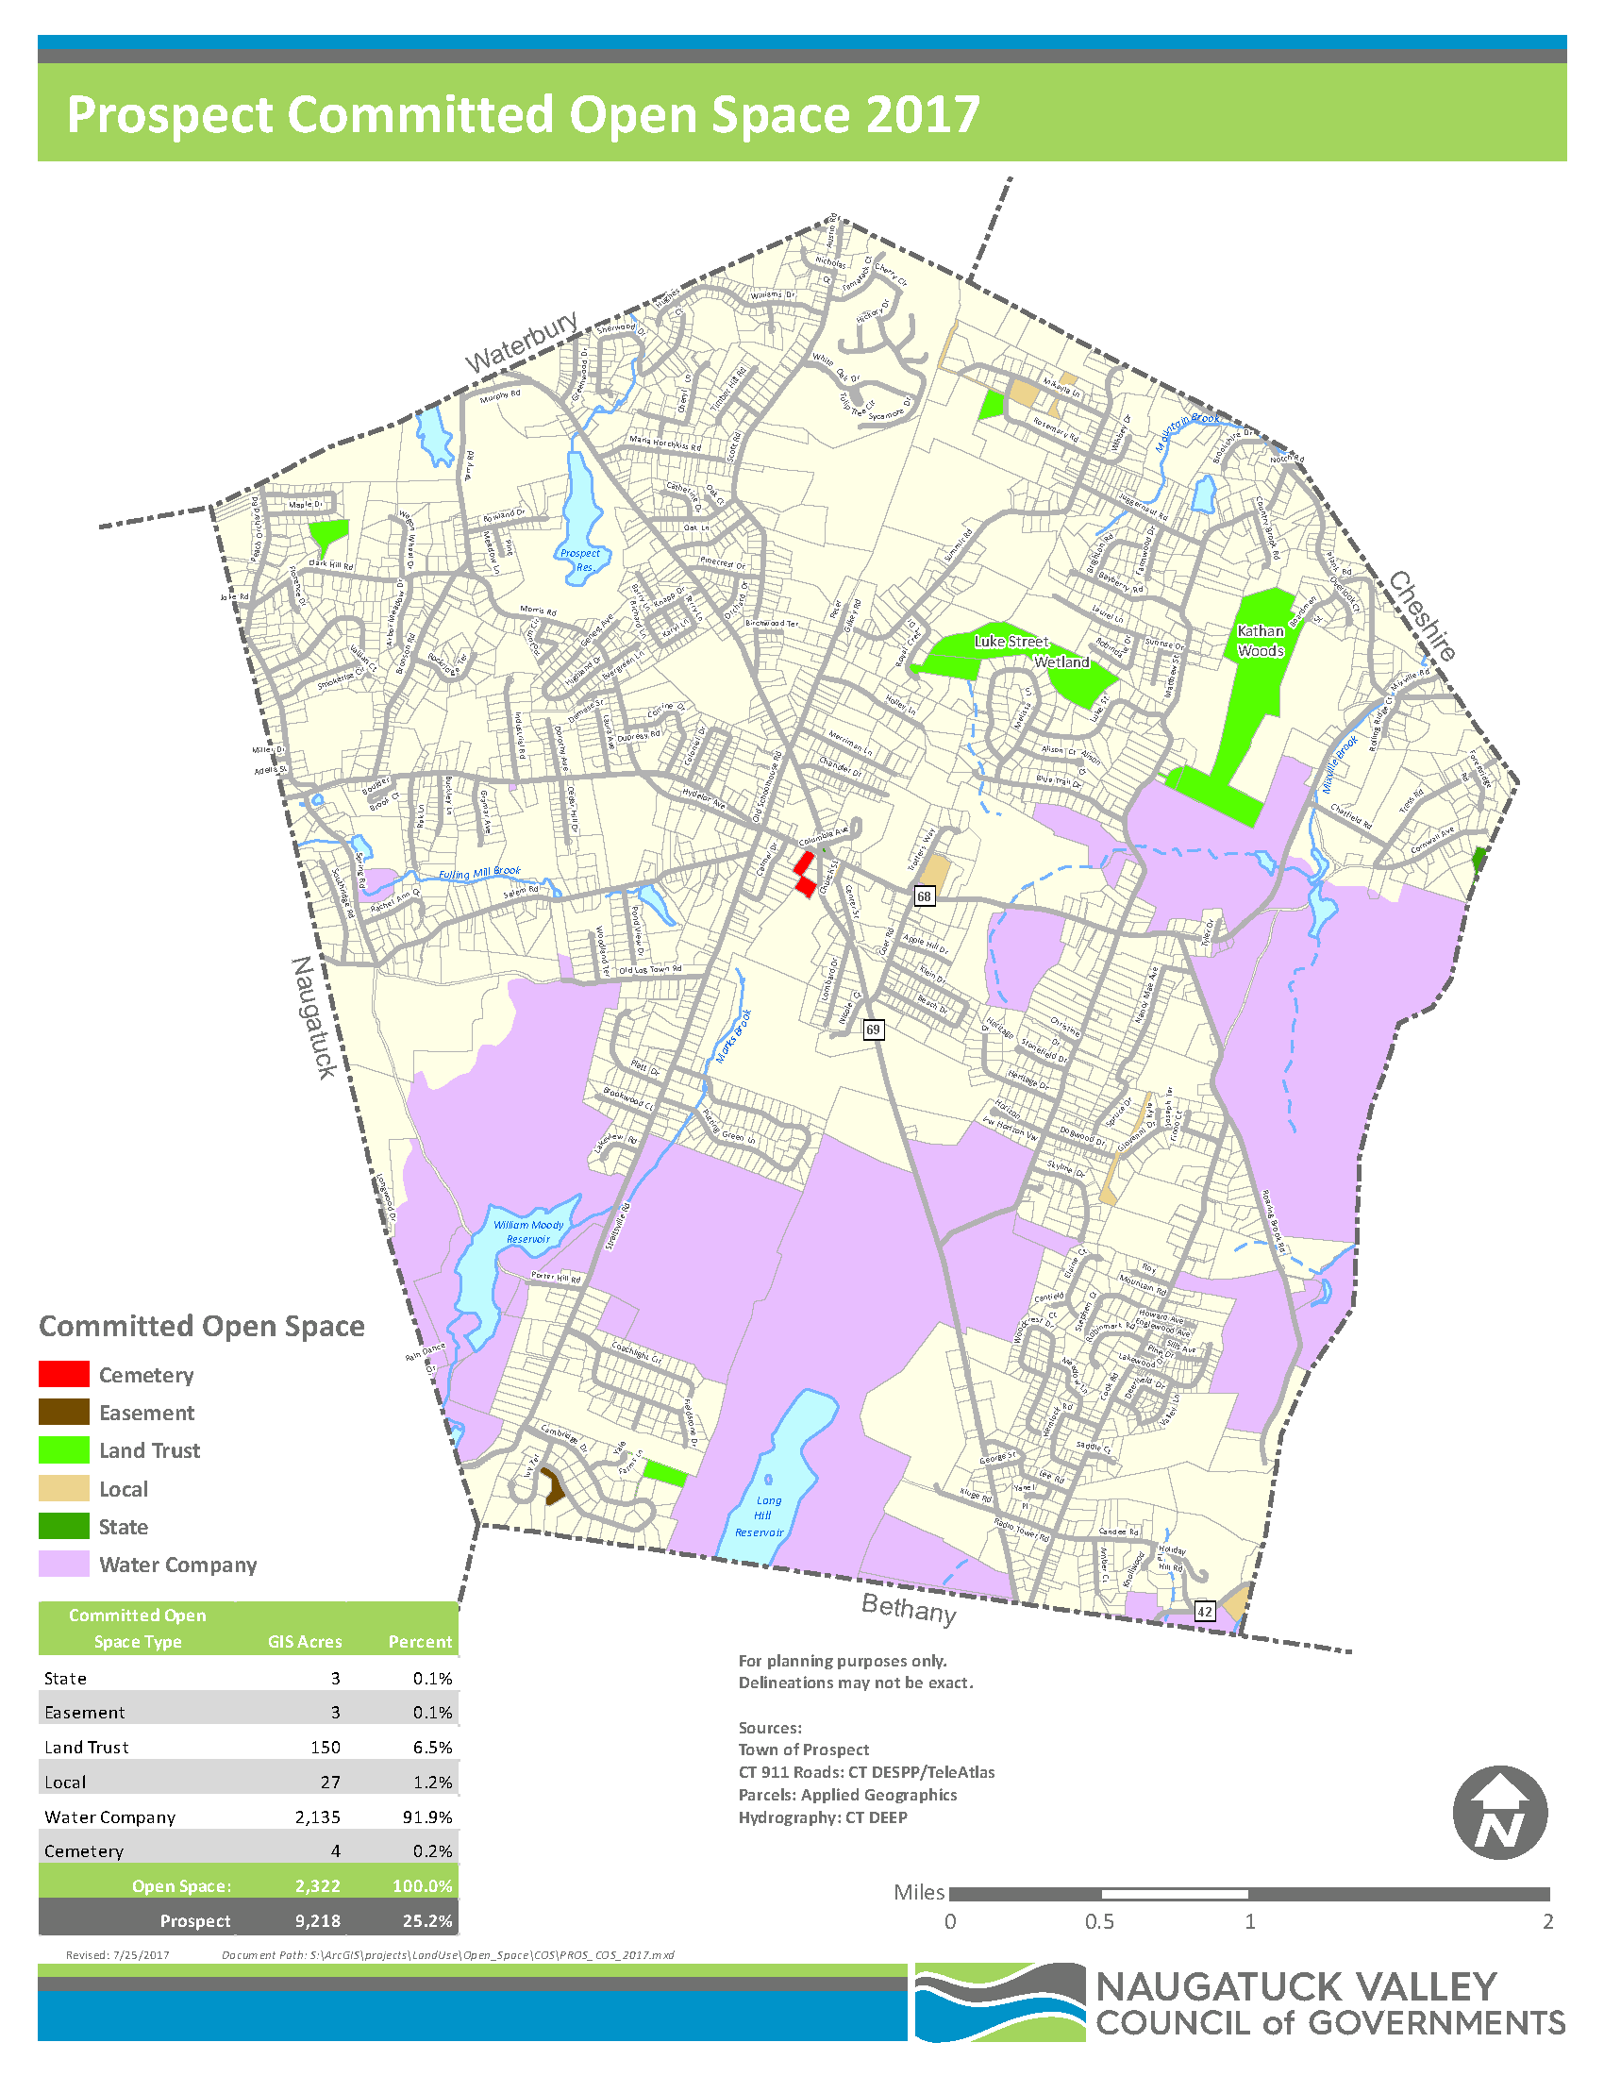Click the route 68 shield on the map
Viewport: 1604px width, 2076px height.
click(x=924, y=896)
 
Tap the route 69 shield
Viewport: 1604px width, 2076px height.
click(x=873, y=1030)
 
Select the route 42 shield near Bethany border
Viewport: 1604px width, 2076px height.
click(x=1204, y=1611)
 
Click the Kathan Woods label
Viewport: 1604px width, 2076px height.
click(x=1260, y=641)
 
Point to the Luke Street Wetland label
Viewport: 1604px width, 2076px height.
click(x=1032, y=651)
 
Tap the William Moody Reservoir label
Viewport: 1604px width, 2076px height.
click(x=528, y=1231)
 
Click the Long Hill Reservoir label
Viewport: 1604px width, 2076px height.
click(x=760, y=1516)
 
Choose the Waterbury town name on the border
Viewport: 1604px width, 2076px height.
click(x=521, y=343)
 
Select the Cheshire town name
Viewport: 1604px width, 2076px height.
click(x=1423, y=615)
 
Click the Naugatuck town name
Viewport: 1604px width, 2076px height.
click(x=313, y=1017)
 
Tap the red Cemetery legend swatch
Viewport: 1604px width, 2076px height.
click(x=63, y=1375)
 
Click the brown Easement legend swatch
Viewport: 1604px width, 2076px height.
click(x=63, y=1413)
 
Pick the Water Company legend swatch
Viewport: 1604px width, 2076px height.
click(x=63, y=1565)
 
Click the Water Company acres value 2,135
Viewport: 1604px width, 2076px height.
click(x=317, y=1817)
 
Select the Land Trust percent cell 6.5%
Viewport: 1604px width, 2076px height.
click(x=432, y=1747)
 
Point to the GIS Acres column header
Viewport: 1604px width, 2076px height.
click(x=304, y=1642)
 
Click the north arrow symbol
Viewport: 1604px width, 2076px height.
click(x=1499, y=1814)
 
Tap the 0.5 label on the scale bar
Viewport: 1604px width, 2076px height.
click(x=1099, y=1922)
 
